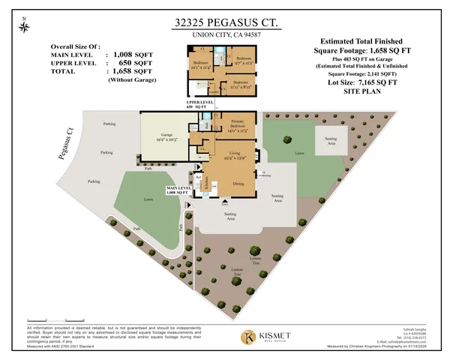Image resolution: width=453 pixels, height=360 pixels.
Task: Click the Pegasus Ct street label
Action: click(x=65, y=144)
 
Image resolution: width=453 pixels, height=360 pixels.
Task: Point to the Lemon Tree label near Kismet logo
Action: click(x=237, y=272)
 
